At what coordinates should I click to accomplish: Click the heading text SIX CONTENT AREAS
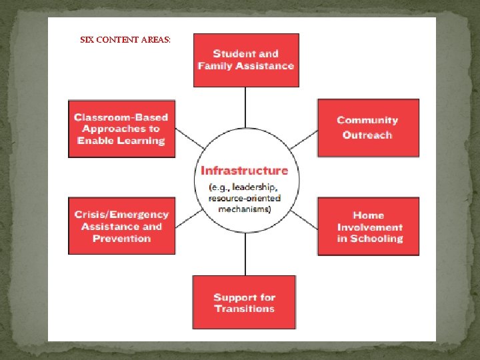pos(125,40)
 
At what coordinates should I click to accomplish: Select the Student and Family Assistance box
pos(246,60)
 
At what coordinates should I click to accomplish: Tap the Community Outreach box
pos(368,127)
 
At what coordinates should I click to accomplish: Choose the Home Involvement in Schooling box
pos(368,226)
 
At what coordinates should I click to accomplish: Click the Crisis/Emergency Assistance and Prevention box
pos(121,226)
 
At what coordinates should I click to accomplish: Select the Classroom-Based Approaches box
pos(121,129)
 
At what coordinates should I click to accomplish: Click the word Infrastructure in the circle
pos(245,171)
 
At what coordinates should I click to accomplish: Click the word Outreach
pos(367,135)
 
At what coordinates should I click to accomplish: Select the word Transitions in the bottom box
pos(245,309)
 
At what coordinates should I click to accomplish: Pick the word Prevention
pos(122,238)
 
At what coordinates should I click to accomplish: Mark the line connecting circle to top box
pos(246,110)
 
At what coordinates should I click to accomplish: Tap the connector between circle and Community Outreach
pos(304,141)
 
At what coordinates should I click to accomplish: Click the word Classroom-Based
pos(121,117)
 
